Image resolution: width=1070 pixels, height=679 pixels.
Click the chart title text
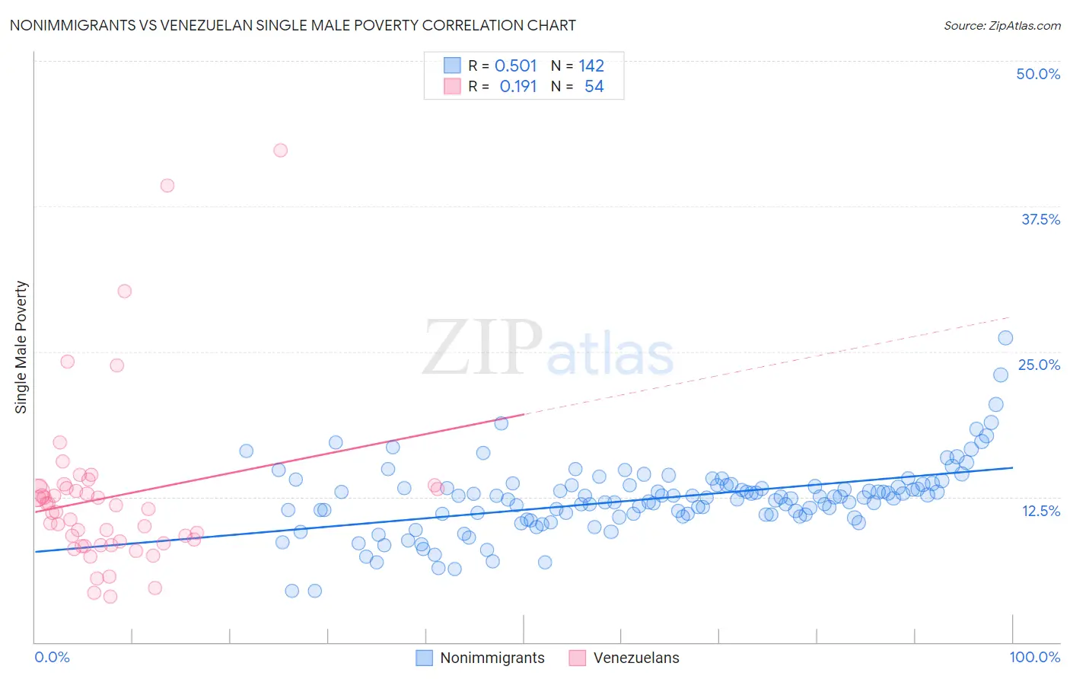pyautogui.click(x=292, y=25)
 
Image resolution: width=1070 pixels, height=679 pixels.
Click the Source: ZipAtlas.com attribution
pyautogui.click(x=1002, y=25)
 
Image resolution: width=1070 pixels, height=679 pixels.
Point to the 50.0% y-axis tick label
pyautogui.click(x=1037, y=74)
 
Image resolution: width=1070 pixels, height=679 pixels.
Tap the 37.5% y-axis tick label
pyautogui.click(x=1040, y=219)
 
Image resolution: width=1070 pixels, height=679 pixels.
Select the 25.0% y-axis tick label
pyautogui.click(x=1038, y=365)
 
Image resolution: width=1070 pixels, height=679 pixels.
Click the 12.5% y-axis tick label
pyautogui.click(x=1040, y=511)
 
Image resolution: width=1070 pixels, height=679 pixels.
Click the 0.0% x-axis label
pyautogui.click(x=52, y=657)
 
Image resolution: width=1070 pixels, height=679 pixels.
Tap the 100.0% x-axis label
pyautogui.click(x=1034, y=657)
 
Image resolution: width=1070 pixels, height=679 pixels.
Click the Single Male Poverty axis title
pyautogui.click(x=21, y=347)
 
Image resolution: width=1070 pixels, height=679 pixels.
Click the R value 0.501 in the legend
pyautogui.click(x=515, y=66)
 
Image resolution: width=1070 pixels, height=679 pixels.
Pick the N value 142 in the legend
pyautogui.click(x=591, y=66)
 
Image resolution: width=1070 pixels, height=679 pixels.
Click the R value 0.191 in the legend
pyautogui.click(x=517, y=87)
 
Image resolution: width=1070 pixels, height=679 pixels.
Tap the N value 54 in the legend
pyautogui.click(x=594, y=87)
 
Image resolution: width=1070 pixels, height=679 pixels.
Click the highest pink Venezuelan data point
pyautogui.click(x=280, y=150)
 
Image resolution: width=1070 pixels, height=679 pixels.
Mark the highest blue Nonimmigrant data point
pyautogui.click(x=1005, y=338)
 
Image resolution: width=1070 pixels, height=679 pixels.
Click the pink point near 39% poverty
pyautogui.click(x=167, y=185)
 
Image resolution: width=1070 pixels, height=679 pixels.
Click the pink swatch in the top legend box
pyautogui.click(x=452, y=87)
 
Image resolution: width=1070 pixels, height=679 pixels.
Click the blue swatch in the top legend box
pyautogui.click(x=452, y=66)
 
